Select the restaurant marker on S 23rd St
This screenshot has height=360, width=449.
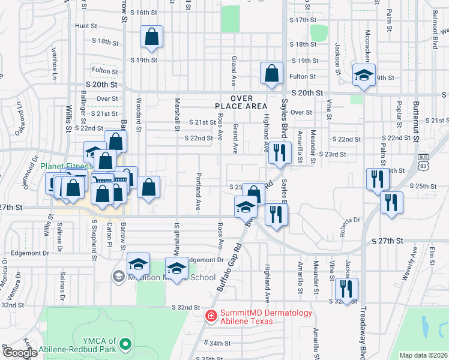(278, 153)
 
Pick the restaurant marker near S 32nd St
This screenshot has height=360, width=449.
(346, 288)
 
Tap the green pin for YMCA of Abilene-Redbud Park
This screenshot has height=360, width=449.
(125, 344)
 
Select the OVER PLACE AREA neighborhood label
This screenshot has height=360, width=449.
(240, 102)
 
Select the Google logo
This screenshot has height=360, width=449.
(20, 353)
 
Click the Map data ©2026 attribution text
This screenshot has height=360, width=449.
(423, 355)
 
